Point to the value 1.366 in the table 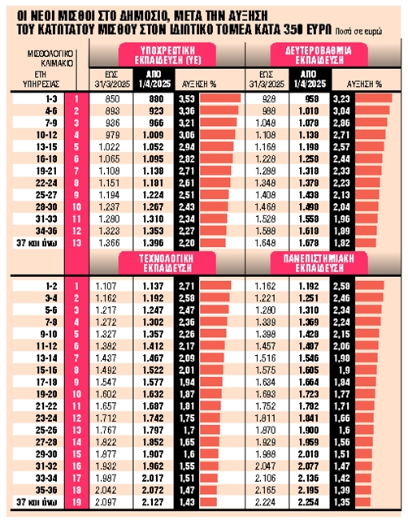(115, 243)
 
